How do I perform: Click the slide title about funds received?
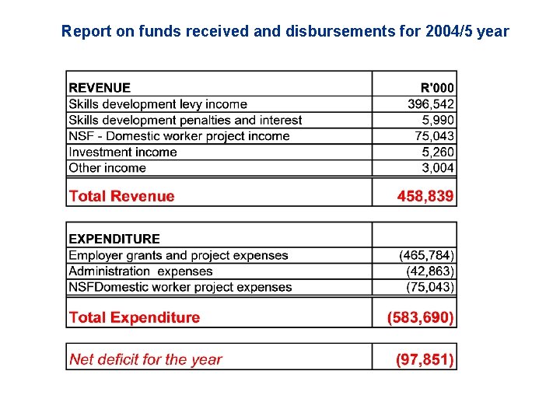pos(285,32)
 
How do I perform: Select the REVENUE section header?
pos(100,88)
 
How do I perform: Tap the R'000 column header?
pos(438,88)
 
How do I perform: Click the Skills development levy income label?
pos(158,104)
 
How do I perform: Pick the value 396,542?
pos(431,104)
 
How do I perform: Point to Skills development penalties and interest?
pos(185,120)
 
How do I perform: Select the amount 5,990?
pos(439,120)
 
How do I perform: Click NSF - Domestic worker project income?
pos(179,136)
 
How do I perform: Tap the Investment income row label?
pos(123,152)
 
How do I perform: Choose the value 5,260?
pos(439,152)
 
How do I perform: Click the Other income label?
pos(107,168)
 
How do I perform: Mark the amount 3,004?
pos(439,168)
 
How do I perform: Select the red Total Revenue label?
pos(122,196)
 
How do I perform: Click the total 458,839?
pos(425,196)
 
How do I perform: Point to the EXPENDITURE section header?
pos(114,239)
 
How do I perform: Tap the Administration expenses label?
pos(141,271)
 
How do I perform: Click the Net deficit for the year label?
pos(145,359)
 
